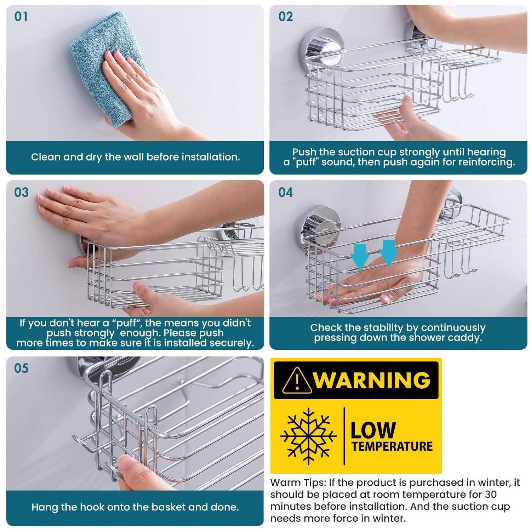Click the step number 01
click(21, 17)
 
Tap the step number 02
click(285, 17)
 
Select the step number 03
click(21, 192)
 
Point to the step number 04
click(285, 192)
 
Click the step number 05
click(21, 368)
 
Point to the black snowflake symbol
click(308, 436)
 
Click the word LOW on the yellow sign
click(373, 430)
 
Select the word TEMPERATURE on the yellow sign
click(392, 446)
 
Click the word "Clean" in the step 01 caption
click(45, 157)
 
